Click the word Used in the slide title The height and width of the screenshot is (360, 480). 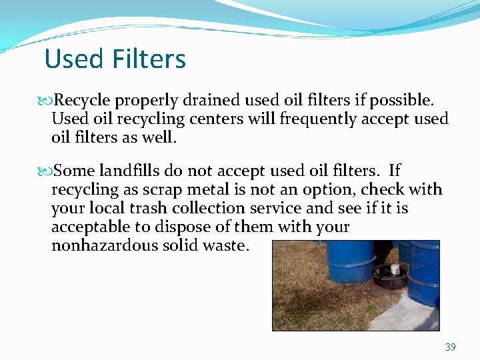pos(73,59)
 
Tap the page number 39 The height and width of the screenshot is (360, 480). pos(450,347)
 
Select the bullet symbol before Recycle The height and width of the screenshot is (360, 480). pos(46,101)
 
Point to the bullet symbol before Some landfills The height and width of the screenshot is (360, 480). pos(46,171)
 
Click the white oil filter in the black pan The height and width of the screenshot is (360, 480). pos(395,269)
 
